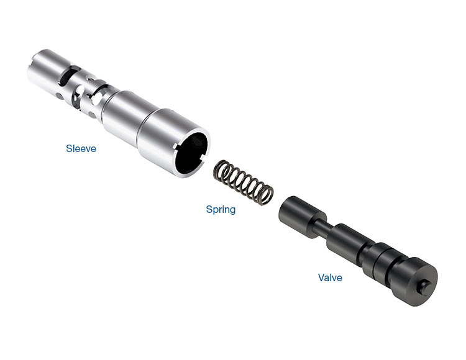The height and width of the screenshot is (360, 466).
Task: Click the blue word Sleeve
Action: [81, 148]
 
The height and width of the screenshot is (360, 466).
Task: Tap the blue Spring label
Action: [221, 210]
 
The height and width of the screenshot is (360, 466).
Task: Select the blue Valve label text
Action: [330, 277]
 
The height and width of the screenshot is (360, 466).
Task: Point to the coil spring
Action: [244, 182]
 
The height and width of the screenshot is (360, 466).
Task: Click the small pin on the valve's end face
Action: [425, 286]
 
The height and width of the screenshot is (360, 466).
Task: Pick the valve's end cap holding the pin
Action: [416, 281]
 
